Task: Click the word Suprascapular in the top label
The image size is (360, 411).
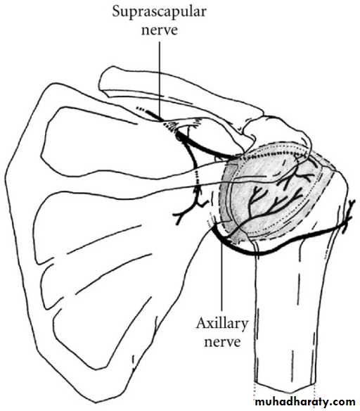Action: tap(159, 11)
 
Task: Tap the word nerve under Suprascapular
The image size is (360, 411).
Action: tap(160, 30)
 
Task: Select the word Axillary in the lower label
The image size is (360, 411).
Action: tap(221, 324)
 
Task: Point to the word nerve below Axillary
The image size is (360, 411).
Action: tap(222, 342)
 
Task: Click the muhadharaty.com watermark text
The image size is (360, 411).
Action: tap(305, 401)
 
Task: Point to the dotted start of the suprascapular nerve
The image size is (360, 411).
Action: tap(141, 109)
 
